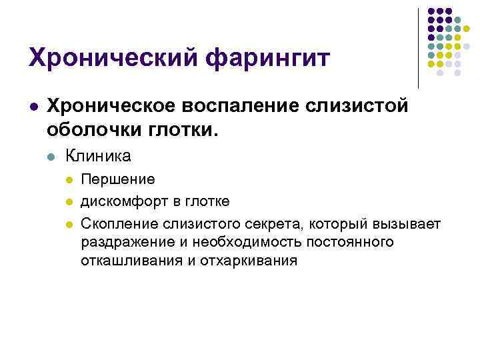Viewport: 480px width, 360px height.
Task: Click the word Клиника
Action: (98, 157)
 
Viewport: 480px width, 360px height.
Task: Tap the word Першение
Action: (118, 179)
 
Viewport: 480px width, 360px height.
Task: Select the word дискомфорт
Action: (122, 201)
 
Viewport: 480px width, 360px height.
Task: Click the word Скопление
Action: (118, 222)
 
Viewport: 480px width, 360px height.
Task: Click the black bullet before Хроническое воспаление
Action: (33, 107)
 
